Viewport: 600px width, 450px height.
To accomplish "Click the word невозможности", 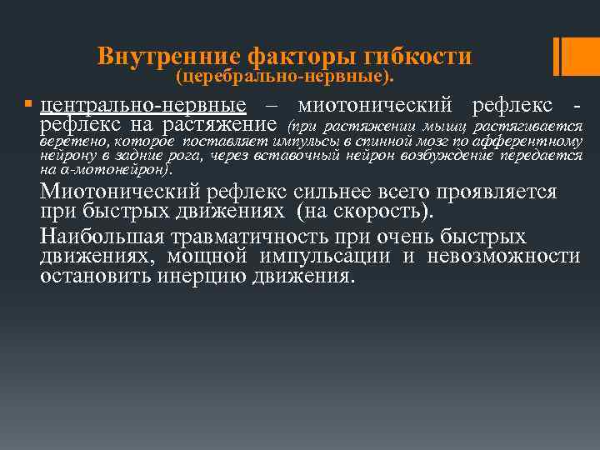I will tap(503, 255).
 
